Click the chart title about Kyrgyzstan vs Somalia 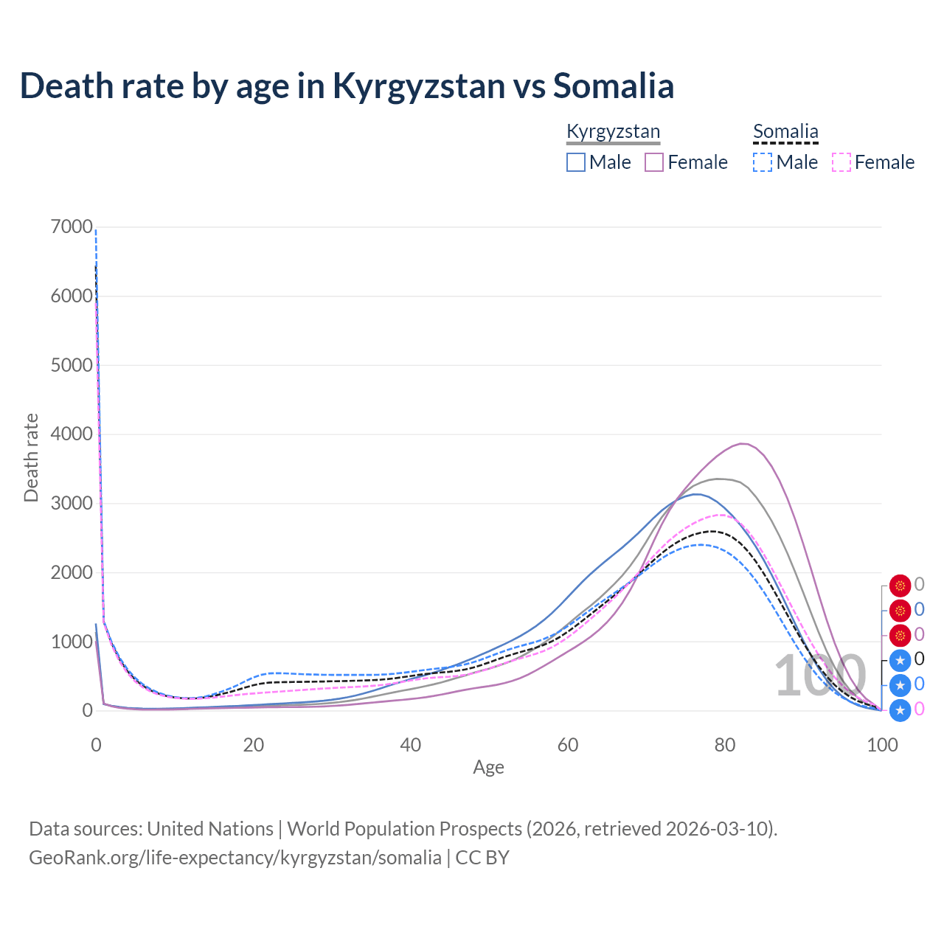347,86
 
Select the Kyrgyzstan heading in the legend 613,131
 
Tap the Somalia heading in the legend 785,131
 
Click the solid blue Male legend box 576,162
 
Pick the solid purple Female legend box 654,162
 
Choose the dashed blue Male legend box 763,162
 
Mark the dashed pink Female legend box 841,162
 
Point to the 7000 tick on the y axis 72,227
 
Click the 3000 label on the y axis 72,503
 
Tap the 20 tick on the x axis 254,745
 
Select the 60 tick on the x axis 568,745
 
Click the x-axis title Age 488,767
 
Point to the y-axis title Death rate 31,458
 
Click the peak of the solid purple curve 743,443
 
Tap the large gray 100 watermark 820,675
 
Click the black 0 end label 919,659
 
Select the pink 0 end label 919,709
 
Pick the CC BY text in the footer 482,858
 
